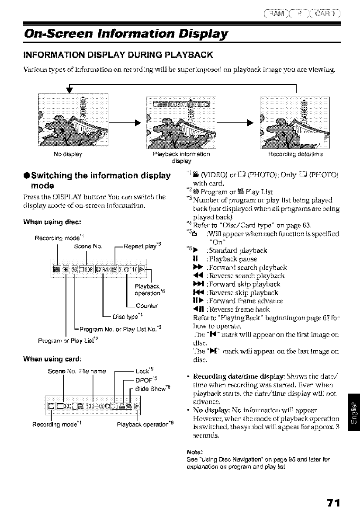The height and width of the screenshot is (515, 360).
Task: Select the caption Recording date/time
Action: pos(291,154)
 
